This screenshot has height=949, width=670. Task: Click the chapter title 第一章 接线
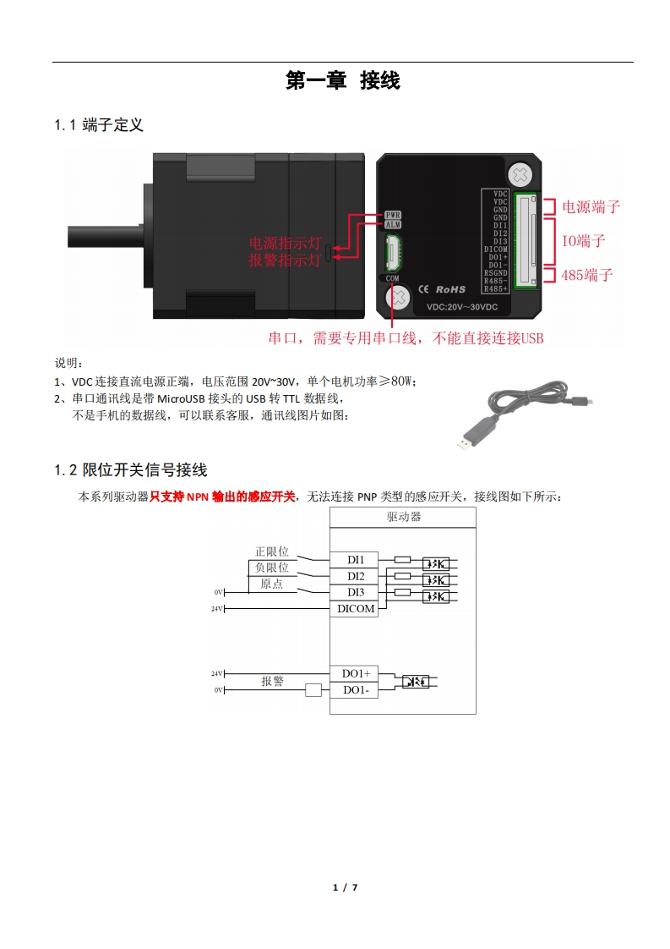pos(342,81)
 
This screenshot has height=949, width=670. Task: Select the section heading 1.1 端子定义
pos(99,125)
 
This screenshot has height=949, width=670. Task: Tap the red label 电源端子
pos(591,206)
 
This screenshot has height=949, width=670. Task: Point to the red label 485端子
pos(586,275)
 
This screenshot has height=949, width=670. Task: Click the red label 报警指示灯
pos(284,261)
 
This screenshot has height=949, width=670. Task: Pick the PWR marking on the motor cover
pos(392,215)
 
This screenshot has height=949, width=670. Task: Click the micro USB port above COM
pos(393,251)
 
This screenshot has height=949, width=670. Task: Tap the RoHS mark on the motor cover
pos(450,289)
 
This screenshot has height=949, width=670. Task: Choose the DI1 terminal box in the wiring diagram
pos(356,560)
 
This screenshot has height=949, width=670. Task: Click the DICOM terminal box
pos(356,608)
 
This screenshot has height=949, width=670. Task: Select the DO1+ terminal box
pos(356,673)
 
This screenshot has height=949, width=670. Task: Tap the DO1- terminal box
pos(356,690)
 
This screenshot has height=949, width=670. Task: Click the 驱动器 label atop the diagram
pos(404,517)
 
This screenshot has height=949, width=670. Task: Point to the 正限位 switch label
pos(272,551)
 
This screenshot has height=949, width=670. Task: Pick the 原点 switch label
pos(272,584)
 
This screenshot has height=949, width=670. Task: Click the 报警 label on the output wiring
pos(272,681)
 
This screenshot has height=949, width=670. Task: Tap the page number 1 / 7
pos(346,887)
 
